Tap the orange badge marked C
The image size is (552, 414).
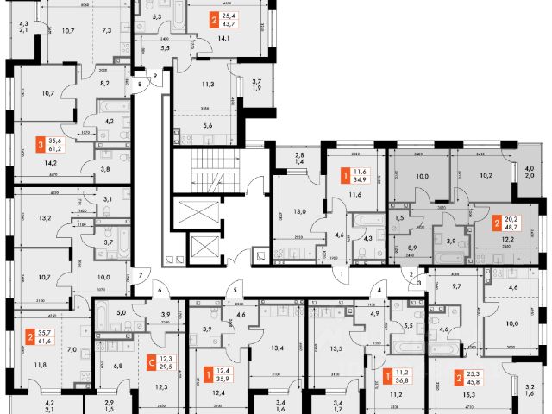[x=152, y=362]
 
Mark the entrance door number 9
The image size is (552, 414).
[x=154, y=77]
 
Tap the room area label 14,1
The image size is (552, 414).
[x=223, y=38]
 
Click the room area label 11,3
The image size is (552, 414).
[x=209, y=85]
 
